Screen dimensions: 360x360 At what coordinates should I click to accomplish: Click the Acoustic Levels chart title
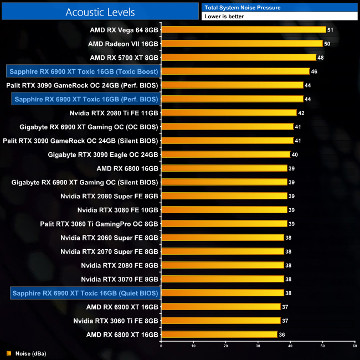[x=100, y=12]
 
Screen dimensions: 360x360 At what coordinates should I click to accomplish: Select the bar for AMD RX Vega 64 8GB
[x=243, y=29]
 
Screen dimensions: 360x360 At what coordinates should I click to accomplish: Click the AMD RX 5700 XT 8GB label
[x=124, y=57]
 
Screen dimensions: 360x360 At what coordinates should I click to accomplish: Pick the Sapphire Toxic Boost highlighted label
[x=84, y=71]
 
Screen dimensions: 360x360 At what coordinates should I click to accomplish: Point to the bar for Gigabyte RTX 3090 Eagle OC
[x=225, y=154]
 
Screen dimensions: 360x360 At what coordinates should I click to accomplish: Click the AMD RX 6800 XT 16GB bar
[x=219, y=334]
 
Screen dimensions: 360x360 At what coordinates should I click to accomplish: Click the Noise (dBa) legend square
[x=8, y=353]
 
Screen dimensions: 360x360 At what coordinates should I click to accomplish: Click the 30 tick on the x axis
[x=258, y=345]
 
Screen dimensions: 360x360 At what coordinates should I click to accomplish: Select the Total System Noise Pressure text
[x=243, y=7]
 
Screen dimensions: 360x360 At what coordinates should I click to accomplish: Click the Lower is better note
[x=224, y=17]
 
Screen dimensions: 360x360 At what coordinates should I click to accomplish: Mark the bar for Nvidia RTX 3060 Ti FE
[x=220, y=320]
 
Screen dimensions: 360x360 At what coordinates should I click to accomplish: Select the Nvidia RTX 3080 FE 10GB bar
[x=224, y=209]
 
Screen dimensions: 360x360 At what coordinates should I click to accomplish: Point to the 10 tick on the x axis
[x=193, y=345]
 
